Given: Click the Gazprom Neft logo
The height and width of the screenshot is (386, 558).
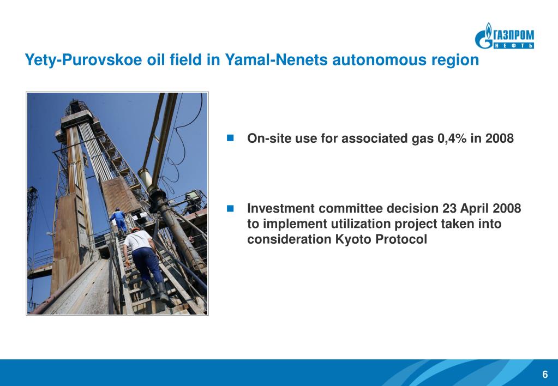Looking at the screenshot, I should coord(504,36).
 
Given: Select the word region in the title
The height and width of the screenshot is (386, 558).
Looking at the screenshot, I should coord(454,61).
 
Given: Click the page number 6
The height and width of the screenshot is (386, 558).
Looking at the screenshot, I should coord(544,374).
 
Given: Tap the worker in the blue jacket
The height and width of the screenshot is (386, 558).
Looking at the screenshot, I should coord(118,219).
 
